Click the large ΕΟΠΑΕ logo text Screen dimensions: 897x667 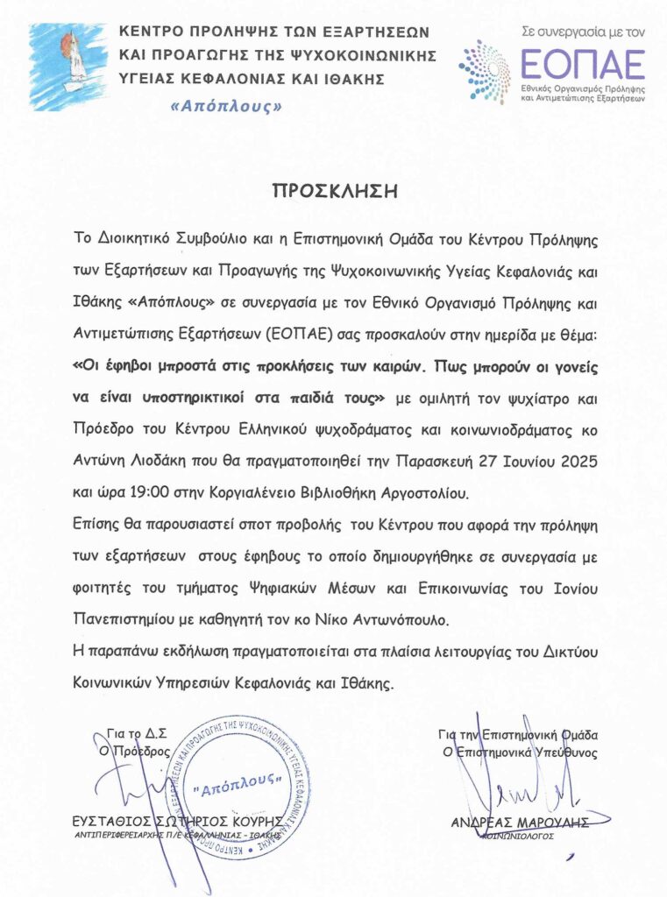[x=583, y=64]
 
